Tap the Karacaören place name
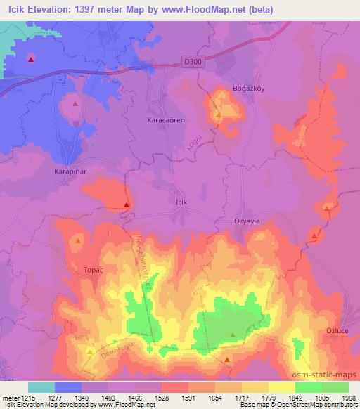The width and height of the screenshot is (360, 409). click(165, 120)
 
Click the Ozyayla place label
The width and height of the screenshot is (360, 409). click(246, 220)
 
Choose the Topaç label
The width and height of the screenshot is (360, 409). click(95, 269)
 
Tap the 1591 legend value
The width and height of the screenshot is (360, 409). click(172, 398)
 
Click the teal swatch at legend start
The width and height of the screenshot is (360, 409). click(41, 387)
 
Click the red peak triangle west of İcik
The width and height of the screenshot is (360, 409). click(126, 205)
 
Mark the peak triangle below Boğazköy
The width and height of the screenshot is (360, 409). click(218, 115)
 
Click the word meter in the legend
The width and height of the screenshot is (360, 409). click(9, 398)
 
